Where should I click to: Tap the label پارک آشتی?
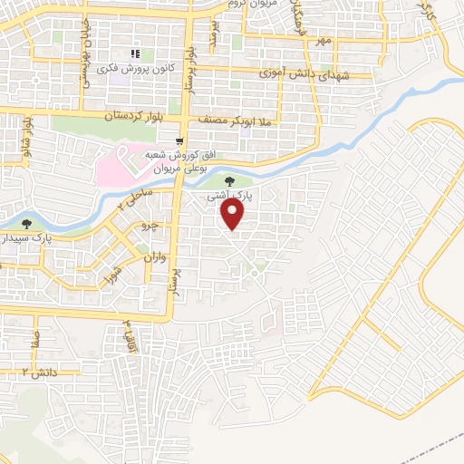coord(242,194)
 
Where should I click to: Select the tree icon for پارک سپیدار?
coord(29,221)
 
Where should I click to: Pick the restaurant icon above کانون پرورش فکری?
coord(137,55)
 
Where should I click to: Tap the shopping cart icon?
coord(182,140)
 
